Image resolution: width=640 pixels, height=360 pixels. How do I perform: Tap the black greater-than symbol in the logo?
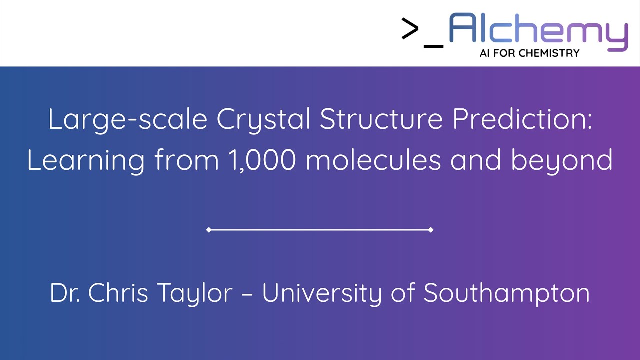[410, 29]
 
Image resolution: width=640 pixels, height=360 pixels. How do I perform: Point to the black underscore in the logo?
[433, 46]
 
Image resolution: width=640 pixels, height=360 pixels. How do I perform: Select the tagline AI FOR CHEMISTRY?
[529, 53]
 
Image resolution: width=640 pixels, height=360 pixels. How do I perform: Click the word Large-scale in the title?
[127, 120]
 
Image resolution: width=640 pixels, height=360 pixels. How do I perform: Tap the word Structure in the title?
[381, 120]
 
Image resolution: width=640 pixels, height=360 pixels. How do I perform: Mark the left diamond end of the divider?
[209, 230]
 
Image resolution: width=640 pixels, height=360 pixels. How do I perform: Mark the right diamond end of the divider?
[431, 230]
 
